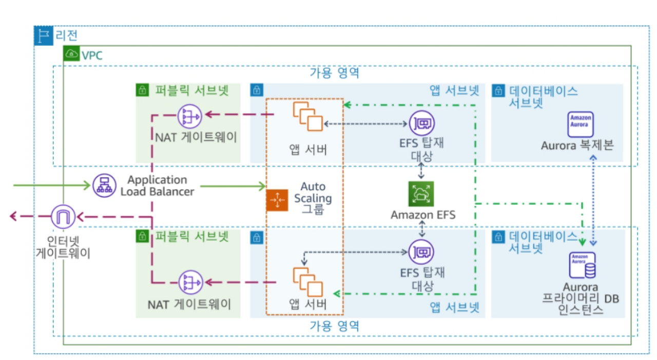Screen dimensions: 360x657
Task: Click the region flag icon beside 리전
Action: pyautogui.click(x=44, y=36)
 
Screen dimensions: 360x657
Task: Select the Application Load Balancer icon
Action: pyautogui.click(x=105, y=186)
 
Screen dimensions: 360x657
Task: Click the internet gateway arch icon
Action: pyautogui.click(x=64, y=217)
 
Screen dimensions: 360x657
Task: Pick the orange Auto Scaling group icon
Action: pyautogui.click(x=277, y=200)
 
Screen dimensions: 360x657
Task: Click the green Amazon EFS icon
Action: pyautogui.click(x=421, y=194)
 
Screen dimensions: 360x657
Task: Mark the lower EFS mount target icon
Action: pyautogui.click(x=422, y=252)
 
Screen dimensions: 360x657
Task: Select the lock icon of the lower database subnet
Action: pyautogui.click(x=497, y=237)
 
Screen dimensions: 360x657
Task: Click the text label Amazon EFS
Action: pyautogui.click(x=422, y=215)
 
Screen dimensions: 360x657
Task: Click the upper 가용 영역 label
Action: pyautogui.click(x=334, y=73)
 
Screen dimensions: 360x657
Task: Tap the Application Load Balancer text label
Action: pyautogui.click(x=157, y=186)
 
